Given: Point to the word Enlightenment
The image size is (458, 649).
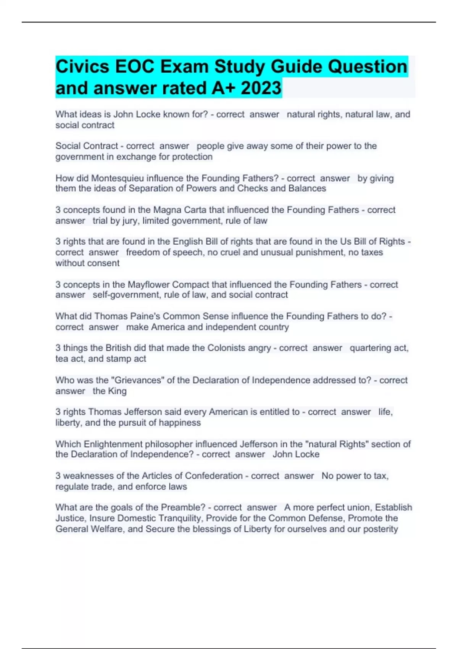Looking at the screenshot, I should click(113, 444).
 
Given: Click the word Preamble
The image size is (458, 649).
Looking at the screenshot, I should click(183, 507).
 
